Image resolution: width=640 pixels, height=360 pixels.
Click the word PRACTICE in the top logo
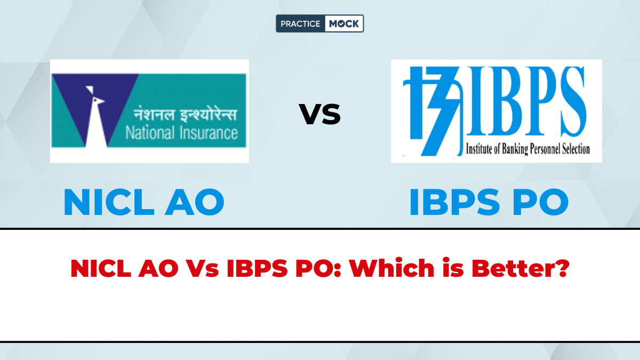(x=301, y=23)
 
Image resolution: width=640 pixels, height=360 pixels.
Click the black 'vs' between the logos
(x=319, y=115)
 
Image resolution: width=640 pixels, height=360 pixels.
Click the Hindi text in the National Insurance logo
(x=181, y=114)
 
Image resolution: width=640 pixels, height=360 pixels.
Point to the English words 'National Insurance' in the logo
(x=181, y=132)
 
